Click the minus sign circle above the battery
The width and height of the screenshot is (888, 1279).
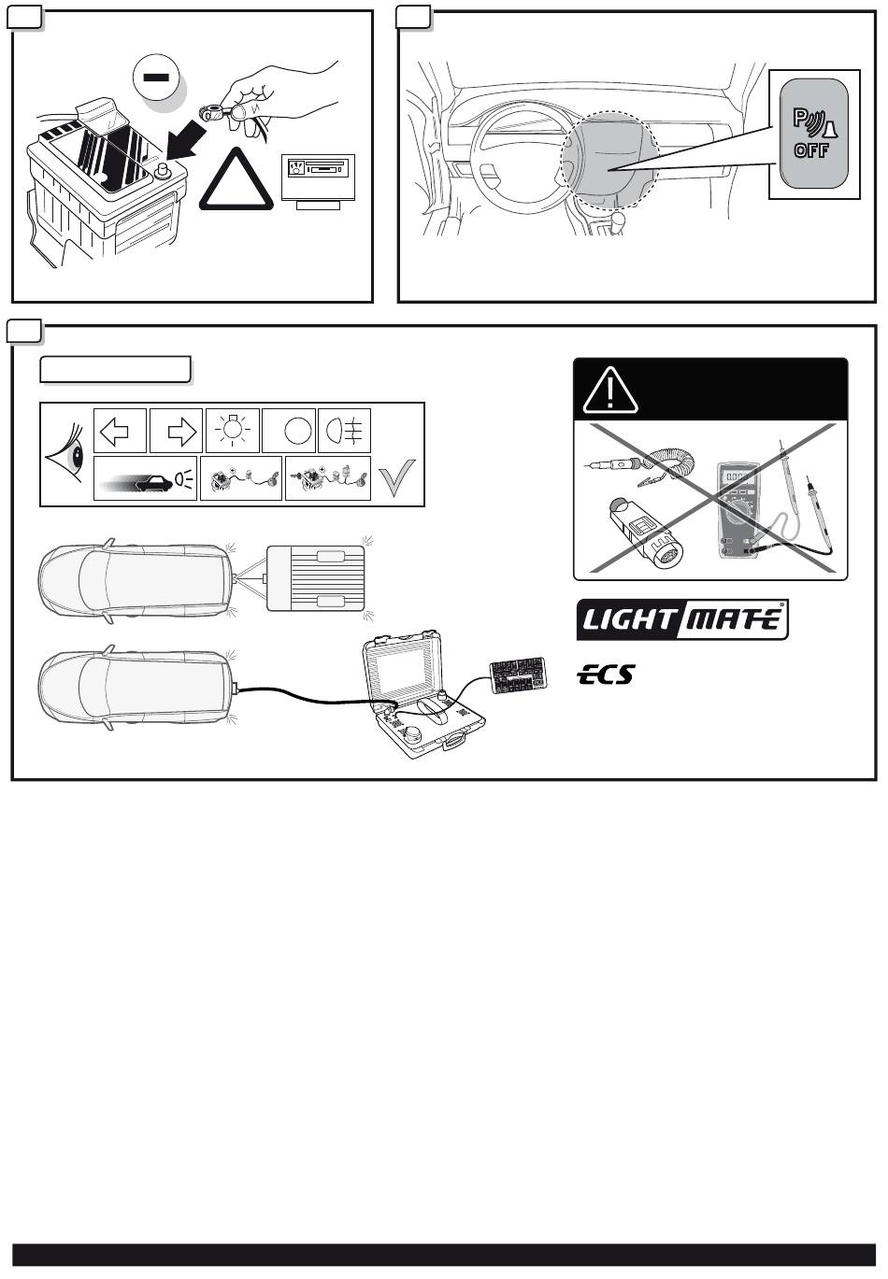click(x=158, y=78)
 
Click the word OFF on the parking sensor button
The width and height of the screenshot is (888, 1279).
click(x=811, y=150)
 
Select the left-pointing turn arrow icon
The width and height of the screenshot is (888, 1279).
click(x=121, y=431)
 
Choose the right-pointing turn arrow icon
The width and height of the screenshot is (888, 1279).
click(x=178, y=431)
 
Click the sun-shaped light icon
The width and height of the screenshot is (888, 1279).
click(x=233, y=431)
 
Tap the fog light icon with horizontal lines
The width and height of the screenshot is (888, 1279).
click(x=344, y=431)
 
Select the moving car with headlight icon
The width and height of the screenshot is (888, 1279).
click(x=146, y=479)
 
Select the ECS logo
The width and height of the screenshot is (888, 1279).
click(x=605, y=675)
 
